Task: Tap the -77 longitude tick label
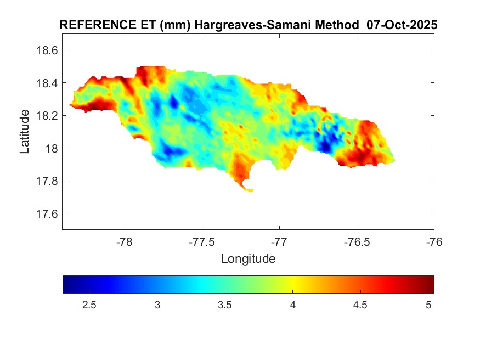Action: coord(279,242)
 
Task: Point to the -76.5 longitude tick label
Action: coord(357,242)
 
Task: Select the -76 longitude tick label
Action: coord(434,242)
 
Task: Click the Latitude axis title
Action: coord(25,132)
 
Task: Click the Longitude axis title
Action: coord(248,258)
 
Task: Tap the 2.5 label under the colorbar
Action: coord(89,305)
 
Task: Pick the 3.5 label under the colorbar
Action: coord(225,305)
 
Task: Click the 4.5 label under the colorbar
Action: coord(360,305)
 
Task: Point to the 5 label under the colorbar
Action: coord(428,305)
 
